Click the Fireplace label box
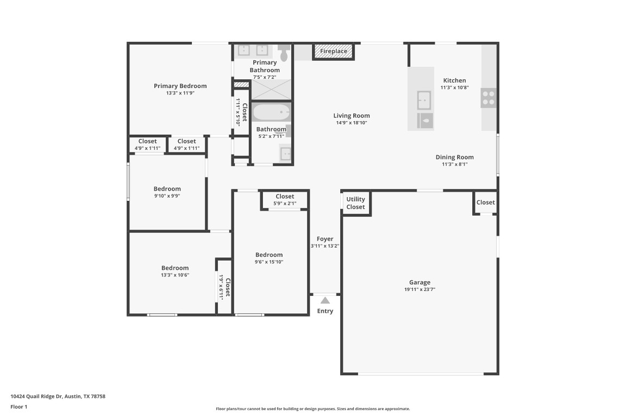click(x=333, y=52)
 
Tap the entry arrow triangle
click(x=325, y=300)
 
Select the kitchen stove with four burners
click(x=488, y=98)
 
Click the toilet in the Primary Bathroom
click(x=284, y=53)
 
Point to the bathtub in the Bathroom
click(x=271, y=113)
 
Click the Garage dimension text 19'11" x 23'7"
click(x=420, y=289)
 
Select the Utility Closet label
click(x=356, y=203)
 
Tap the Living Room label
click(x=352, y=116)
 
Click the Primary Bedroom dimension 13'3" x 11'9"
click(x=180, y=93)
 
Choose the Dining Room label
click(x=454, y=157)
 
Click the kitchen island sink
click(x=424, y=100)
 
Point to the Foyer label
click(x=325, y=239)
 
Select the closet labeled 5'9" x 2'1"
click(x=285, y=200)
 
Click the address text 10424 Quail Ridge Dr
click(x=58, y=396)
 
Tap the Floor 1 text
click(x=18, y=407)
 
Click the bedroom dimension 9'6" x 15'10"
click(x=269, y=262)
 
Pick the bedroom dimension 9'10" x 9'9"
click(x=167, y=196)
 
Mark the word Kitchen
click(x=454, y=80)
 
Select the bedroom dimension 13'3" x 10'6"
click(x=174, y=275)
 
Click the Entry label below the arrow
click(x=325, y=311)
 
